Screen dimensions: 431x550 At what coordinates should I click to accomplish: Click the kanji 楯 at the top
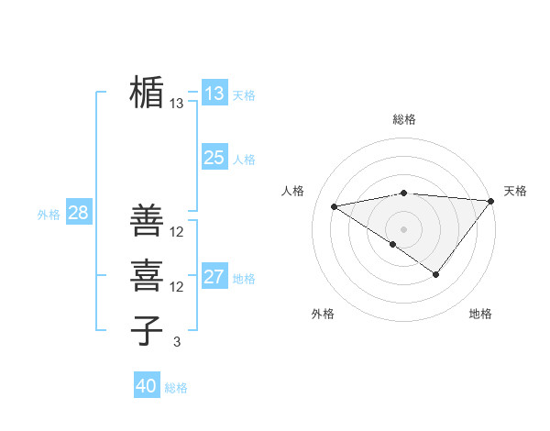coord(147,93)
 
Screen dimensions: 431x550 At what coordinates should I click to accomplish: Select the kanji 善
coord(147,220)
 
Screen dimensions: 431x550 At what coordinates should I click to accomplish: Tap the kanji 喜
coord(147,276)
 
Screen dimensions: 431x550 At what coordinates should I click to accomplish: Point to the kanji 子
coord(147,331)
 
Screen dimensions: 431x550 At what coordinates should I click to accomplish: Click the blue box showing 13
coord(214,94)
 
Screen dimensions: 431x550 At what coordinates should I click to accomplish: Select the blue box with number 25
coord(214,158)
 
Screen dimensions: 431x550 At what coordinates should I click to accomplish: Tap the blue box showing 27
coord(214,277)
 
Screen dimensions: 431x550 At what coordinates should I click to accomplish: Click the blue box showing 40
coord(146,386)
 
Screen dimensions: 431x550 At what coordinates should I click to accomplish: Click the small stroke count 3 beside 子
coord(177,342)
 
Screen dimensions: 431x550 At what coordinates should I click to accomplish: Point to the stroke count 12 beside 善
coord(177,231)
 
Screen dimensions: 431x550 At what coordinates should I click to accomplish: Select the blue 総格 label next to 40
coord(176,388)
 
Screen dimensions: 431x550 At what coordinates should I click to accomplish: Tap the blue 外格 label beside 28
coord(49,215)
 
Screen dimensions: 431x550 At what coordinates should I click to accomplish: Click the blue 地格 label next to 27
coord(245,278)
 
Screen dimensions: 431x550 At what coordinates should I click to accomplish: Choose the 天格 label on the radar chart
coord(515,191)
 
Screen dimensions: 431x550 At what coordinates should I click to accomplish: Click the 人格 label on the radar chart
coord(292,191)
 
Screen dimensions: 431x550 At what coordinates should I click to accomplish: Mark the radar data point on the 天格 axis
coord(491,200)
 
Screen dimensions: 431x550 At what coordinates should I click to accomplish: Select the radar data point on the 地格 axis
coord(436,274)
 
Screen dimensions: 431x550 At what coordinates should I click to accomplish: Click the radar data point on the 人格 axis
coord(335,206)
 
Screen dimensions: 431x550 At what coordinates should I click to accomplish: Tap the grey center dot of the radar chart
coord(403,228)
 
